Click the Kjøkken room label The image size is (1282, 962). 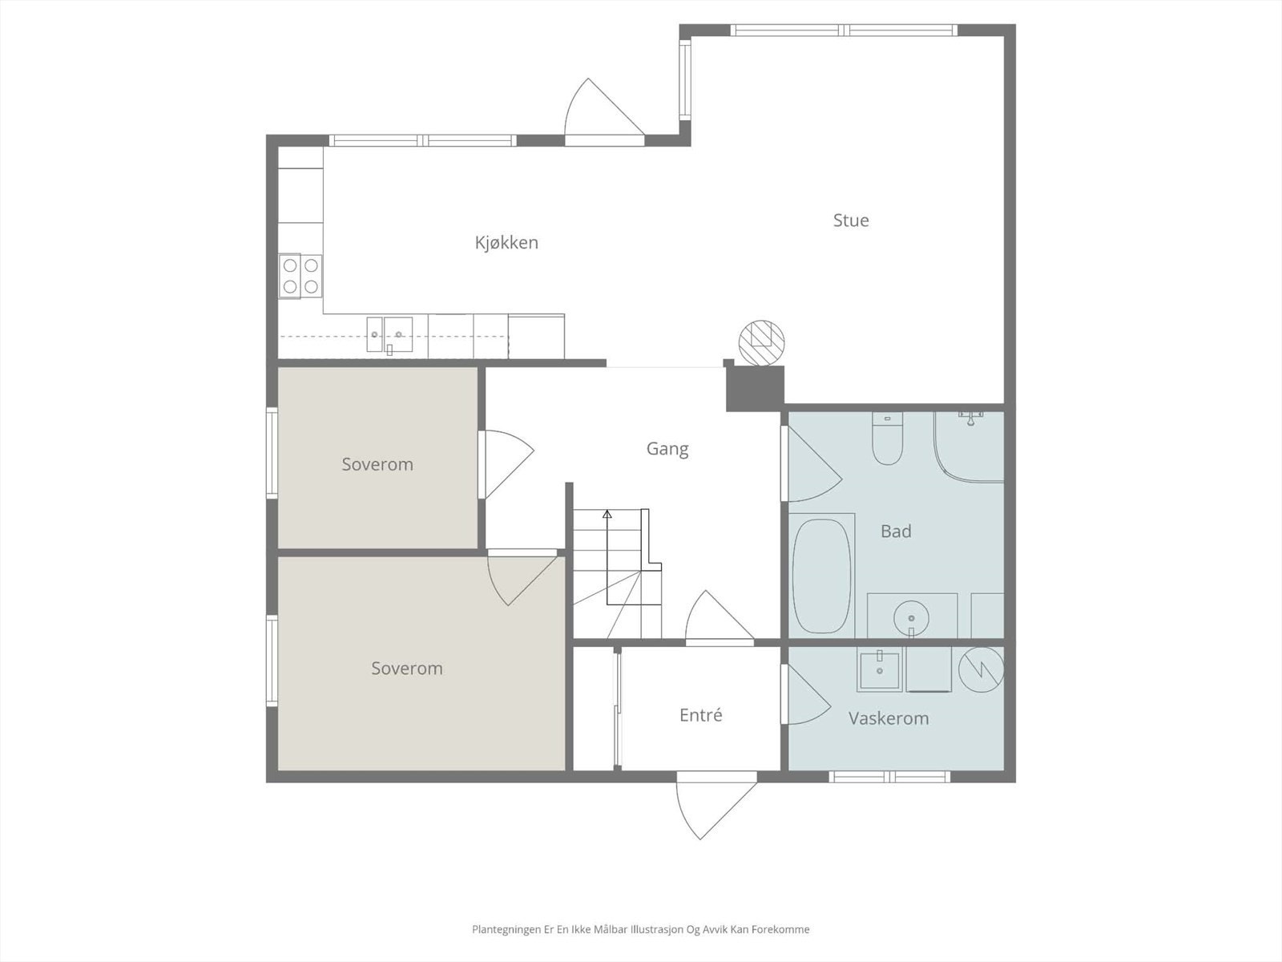tap(506, 242)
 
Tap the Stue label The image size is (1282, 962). tap(850, 220)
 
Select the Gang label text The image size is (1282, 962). tap(667, 449)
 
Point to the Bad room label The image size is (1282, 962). tap(895, 531)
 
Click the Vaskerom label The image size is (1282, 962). tap(889, 717)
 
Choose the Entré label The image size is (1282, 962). tap(701, 715)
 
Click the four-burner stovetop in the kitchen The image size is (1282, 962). tap(300, 277)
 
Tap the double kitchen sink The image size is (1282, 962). tap(389, 335)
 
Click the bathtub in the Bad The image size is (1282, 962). tap(821, 576)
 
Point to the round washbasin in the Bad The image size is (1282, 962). tap(911, 618)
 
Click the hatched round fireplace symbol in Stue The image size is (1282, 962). tap(761, 343)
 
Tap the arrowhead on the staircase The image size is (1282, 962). tap(607, 514)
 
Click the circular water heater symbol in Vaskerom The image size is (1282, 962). tap(982, 670)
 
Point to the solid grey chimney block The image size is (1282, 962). tap(754, 388)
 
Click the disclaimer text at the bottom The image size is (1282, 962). tap(641, 929)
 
